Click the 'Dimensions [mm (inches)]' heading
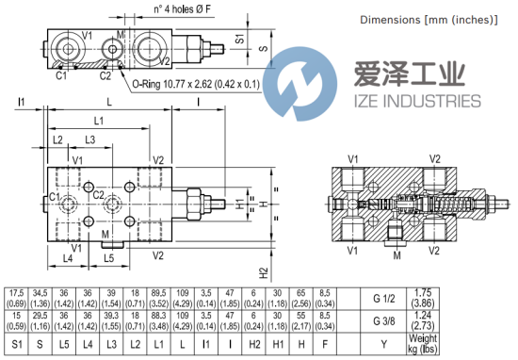point(429,20)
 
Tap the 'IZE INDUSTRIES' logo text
point(417,101)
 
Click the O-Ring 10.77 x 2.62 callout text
point(196,84)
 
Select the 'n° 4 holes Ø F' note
point(182,8)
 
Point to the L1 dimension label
point(99,121)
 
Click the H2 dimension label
point(264,272)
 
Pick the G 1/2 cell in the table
point(384,299)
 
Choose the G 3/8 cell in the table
point(384,321)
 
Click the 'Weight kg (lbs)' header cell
point(423,344)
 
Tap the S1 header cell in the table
point(17,344)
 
